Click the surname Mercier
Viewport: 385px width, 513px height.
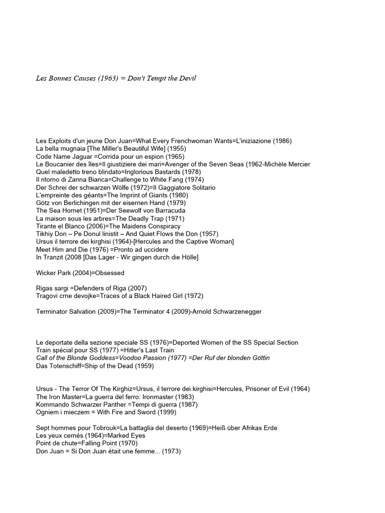click(x=298, y=164)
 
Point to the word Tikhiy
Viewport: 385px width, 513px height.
click(x=46, y=234)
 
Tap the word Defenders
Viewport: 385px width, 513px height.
click(x=93, y=289)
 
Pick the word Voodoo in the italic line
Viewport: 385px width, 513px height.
click(x=133, y=358)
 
